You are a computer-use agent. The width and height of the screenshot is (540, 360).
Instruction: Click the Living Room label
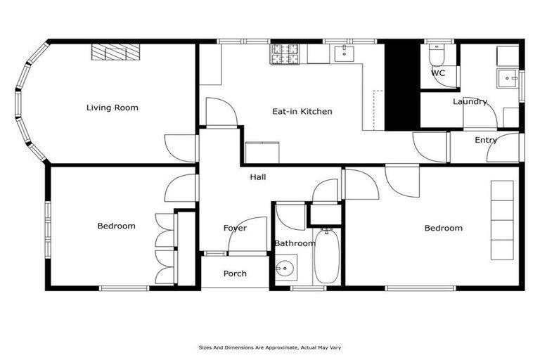[112, 108]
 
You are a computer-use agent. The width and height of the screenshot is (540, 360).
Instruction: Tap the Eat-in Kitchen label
[302, 111]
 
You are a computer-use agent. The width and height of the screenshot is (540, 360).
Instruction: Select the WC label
[438, 73]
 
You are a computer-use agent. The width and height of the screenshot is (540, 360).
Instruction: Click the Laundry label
[470, 101]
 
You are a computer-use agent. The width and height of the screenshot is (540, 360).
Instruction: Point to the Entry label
[485, 140]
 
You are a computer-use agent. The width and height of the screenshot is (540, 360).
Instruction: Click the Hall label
[258, 177]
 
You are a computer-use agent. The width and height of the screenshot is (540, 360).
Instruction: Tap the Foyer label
[235, 228]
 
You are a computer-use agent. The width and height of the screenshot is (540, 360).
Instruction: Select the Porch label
[235, 274]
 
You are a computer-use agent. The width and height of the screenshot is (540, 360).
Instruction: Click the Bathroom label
[295, 243]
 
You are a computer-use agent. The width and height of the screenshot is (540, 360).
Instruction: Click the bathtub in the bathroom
[327, 256]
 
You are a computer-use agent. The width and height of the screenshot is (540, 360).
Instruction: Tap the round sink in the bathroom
[285, 268]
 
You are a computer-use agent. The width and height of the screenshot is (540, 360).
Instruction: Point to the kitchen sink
[345, 53]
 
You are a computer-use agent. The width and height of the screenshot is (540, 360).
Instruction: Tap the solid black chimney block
[401, 85]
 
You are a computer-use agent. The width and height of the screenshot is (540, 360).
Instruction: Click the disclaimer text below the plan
[270, 347]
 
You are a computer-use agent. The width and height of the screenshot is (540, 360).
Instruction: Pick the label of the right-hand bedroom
[444, 228]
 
